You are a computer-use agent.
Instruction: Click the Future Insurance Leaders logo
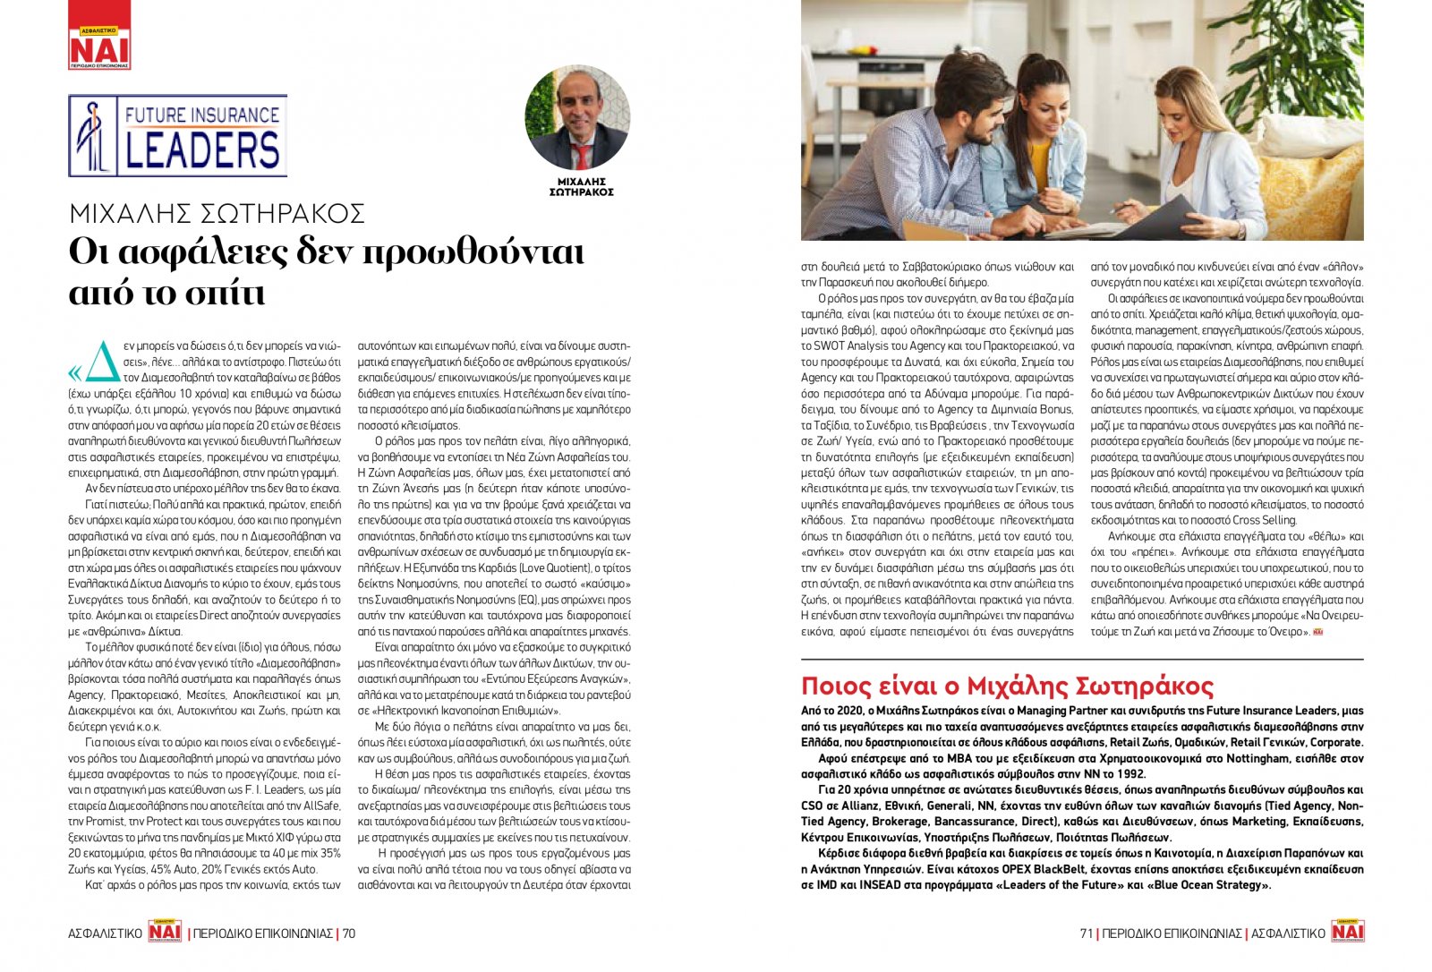tap(177, 135)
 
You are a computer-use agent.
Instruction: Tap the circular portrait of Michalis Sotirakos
tap(577, 119)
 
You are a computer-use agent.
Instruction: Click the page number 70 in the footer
tap(348, 934)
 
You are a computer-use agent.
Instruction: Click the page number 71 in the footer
tap(1086, 934)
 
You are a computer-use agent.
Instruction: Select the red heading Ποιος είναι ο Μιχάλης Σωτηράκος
tap(1007, 686)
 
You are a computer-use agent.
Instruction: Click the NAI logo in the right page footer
tap(1347, 932)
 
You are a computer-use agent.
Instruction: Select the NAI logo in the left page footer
tap(165, 933)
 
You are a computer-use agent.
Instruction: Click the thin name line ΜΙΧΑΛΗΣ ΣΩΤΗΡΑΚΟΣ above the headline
tap(217, 214)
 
